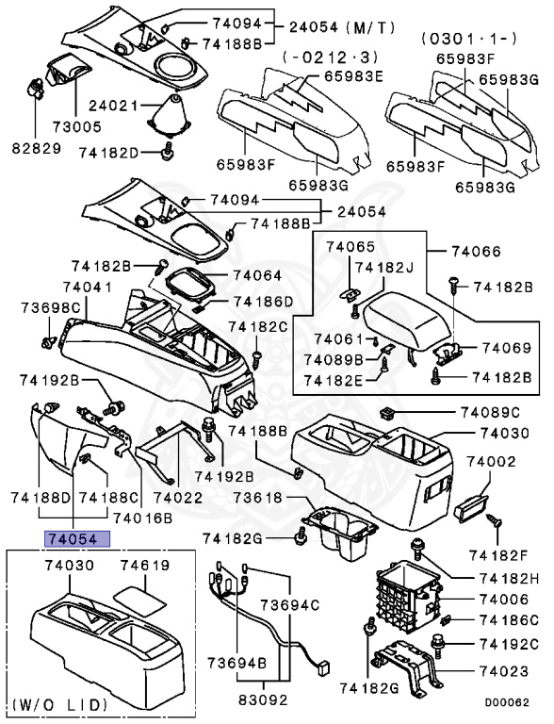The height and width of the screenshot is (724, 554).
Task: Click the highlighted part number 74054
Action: (x=73, y=540)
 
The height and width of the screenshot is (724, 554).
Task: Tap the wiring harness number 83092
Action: (x=253, y=701)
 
